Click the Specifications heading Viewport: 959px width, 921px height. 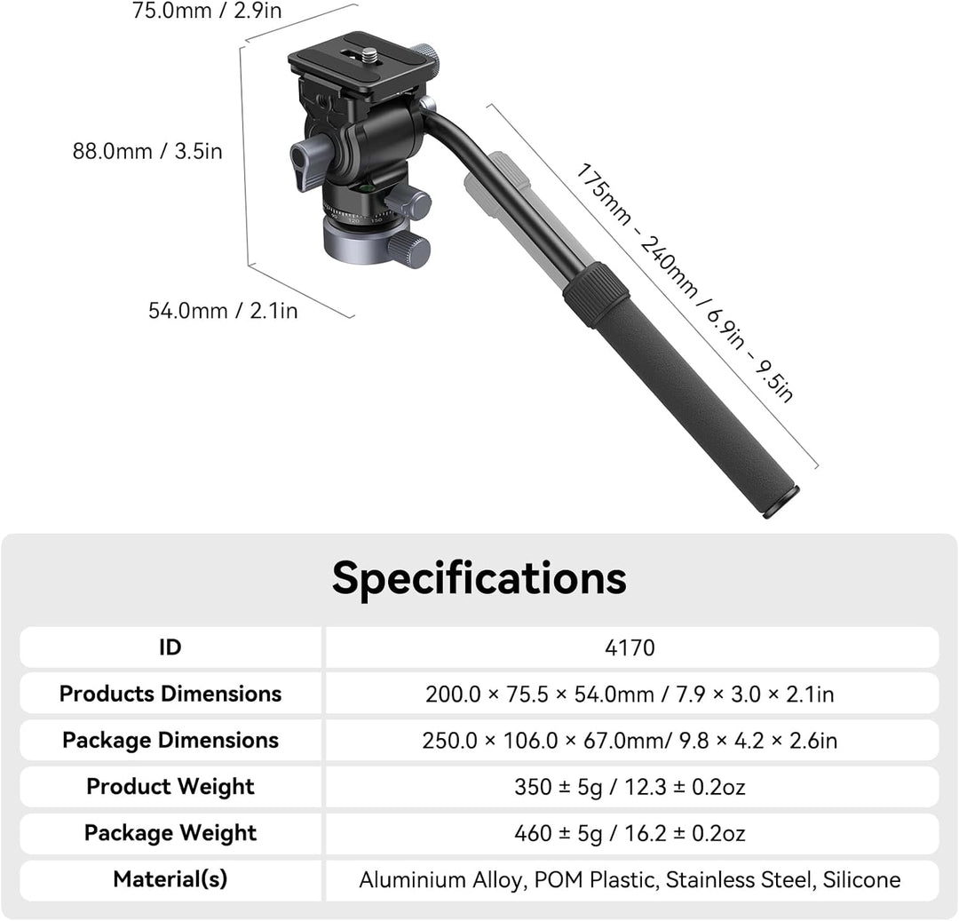(479, 578)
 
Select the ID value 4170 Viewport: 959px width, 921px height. (630, 647)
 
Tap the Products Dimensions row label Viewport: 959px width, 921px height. (170, 694)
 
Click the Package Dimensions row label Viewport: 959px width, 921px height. (170, 740)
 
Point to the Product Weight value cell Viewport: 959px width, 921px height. (630, 787)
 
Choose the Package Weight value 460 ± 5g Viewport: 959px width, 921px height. (630, 833)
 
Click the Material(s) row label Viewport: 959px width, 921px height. (170, 879)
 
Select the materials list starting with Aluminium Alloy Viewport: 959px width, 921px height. (630, 880)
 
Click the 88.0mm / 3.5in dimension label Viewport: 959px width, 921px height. (147, 151)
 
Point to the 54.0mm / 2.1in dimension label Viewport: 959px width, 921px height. (223, 311)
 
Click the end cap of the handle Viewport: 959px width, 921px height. (781, 502)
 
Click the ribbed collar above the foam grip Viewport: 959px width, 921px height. (595, 294)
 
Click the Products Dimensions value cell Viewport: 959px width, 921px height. (630, 694)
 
